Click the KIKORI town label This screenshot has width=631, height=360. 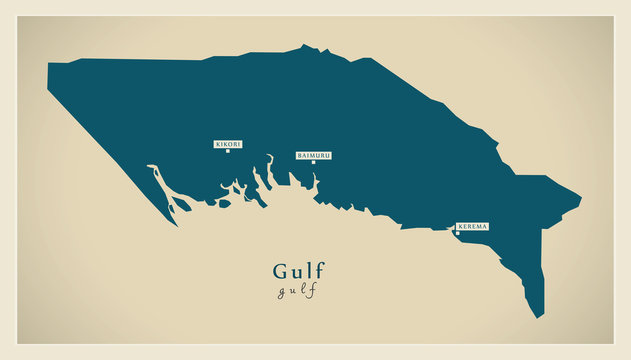228,144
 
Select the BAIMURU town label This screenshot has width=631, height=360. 313,155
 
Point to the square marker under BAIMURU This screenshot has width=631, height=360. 313,163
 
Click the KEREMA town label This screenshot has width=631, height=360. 472,227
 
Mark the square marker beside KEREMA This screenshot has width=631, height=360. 457,234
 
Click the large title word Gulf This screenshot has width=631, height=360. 298,270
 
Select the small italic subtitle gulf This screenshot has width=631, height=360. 298,290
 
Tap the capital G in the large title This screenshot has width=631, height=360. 279,270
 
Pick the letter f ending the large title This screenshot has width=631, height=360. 320,270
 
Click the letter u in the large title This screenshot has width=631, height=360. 297,272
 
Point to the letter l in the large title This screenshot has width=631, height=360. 309,270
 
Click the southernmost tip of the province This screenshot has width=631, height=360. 539,317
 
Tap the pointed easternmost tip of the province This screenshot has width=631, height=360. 580,196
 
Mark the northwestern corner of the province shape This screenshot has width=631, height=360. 48,65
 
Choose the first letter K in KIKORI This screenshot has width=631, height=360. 217,144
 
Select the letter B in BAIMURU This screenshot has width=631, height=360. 299,155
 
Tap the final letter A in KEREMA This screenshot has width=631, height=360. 485,227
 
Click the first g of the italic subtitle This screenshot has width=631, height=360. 280,291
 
